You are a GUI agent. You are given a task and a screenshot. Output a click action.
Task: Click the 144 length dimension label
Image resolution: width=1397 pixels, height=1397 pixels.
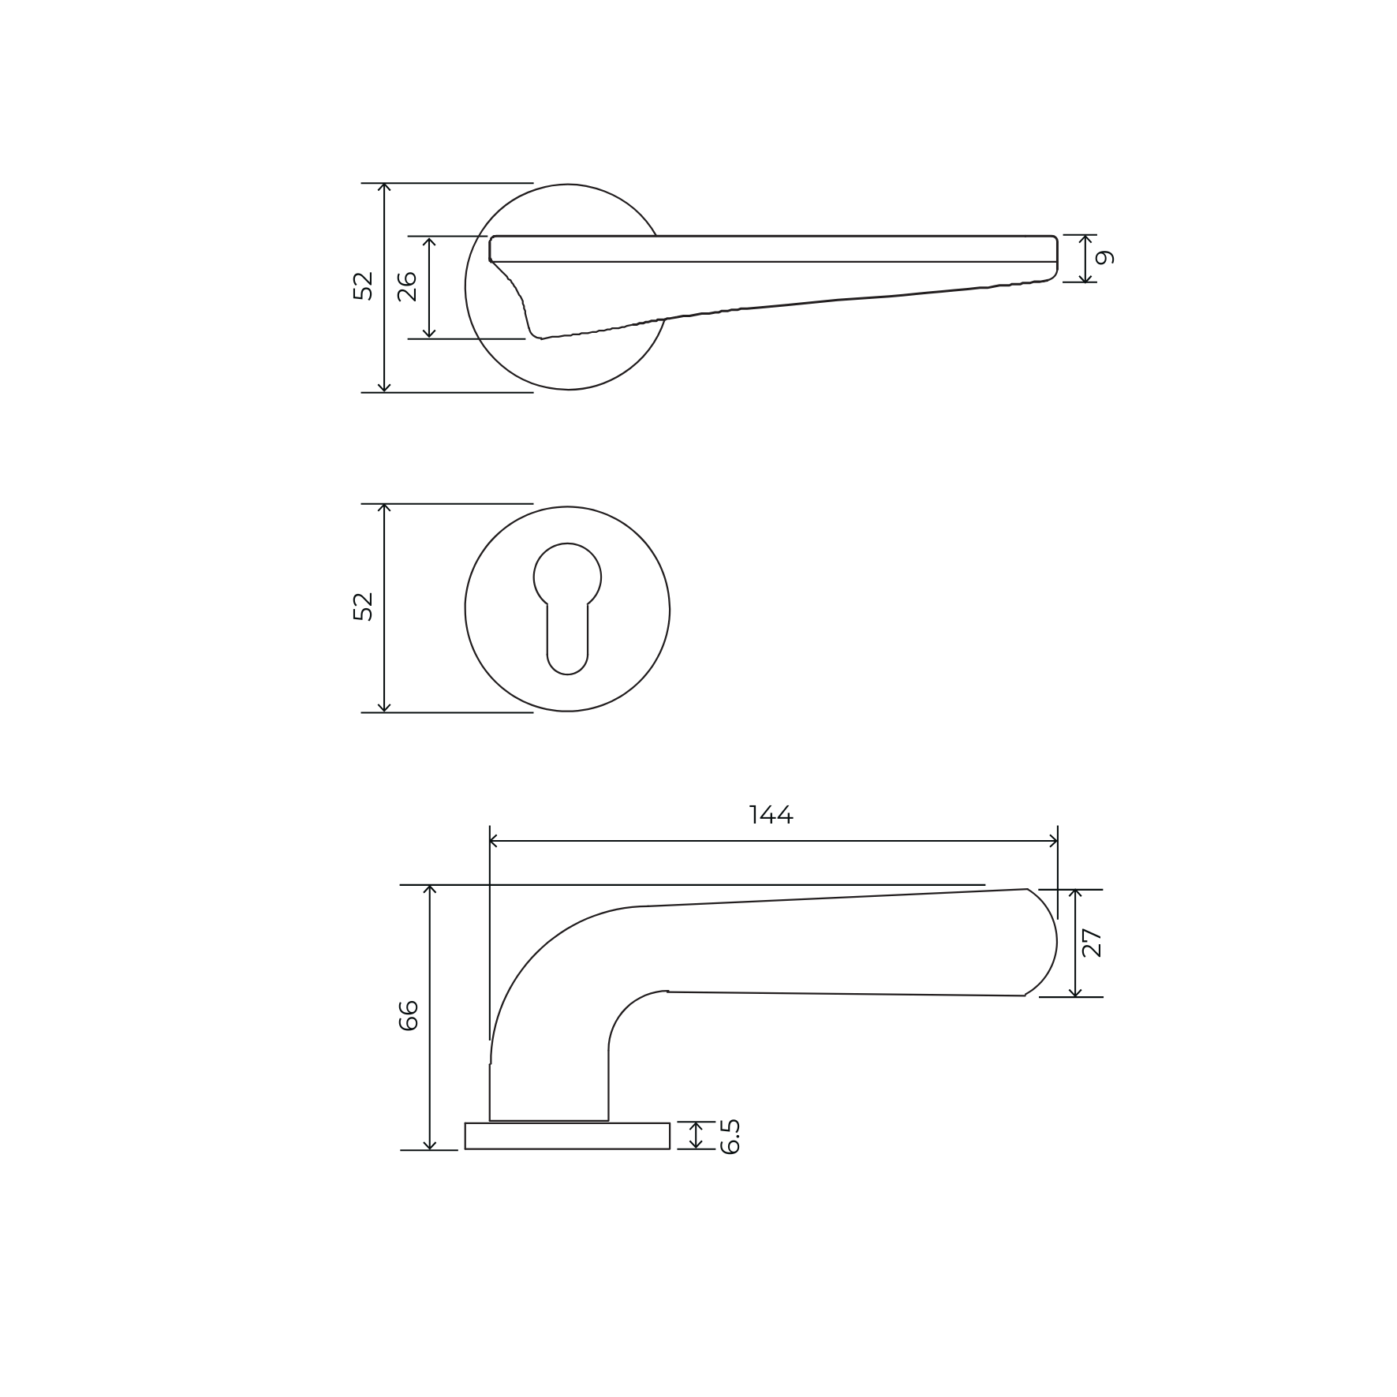coord(771,815)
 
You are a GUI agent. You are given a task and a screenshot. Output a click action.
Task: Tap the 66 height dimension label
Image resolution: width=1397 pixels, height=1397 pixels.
coord(409,1016)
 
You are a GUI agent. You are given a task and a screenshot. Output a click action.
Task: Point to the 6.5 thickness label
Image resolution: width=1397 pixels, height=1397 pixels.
coord(730,1136)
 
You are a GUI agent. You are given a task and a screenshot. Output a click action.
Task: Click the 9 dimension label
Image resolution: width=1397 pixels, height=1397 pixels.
coord(1106,257)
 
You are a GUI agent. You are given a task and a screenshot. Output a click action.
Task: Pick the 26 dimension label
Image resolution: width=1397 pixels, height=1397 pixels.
coord(407,286)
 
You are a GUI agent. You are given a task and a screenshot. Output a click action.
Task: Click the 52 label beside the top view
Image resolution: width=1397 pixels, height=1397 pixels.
coord(362,286)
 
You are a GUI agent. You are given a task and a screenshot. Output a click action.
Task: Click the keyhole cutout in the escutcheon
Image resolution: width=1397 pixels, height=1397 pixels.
coord(567,608)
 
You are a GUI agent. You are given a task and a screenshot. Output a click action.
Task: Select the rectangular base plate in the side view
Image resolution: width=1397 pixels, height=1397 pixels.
coord(567,1136)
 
